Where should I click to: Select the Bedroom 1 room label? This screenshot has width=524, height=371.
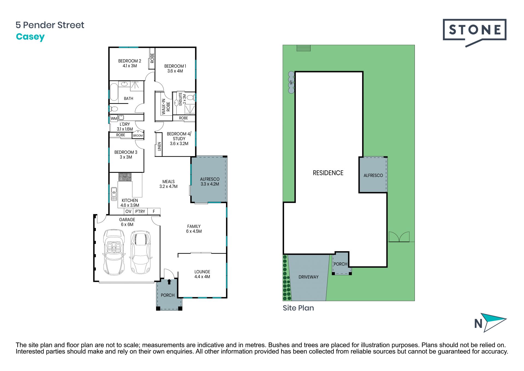pyautogui.click(x=175, y=69)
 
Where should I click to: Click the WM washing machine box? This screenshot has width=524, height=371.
pyautogui.click(x=114, y=118)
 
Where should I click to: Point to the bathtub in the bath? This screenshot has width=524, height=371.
pyautogui.click(x=114, y=92)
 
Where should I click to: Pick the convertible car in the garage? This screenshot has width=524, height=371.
pyautogui.click(x=114, y=252)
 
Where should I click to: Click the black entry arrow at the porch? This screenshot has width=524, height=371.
pyautogui.click(x=169, y=282)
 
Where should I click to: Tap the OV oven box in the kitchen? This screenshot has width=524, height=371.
pyautogui.click(x=128, y=211)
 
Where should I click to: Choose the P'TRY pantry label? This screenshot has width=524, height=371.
pyautogui.click(x=140, y=211)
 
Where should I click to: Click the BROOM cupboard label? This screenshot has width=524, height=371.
pyautogui.click(x=138, y=136)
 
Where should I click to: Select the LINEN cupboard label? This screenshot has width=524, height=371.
pyautogui.click(x=159, y=147)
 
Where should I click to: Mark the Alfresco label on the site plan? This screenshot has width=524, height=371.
pyautogui.click(x=373, y=175)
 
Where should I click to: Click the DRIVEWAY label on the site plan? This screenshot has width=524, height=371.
pyautogui.click(x=308, y=277)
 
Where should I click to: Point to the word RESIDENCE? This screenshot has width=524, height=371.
pyautogui.click(x=328, y=173)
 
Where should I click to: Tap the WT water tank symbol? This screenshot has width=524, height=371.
pyautogui.click(x=291, y=82)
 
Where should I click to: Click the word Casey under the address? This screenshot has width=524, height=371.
pyautogui.click(x=30, y=37)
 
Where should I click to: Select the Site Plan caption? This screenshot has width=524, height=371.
pyautogui.click(x=298, y=308)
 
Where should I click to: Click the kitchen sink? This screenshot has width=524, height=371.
pyautogui.click(x=114, y=194)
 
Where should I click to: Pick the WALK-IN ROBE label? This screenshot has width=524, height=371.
pyautogui.click(x=166, y=107)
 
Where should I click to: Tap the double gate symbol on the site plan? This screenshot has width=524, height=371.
pyautogui.click(x=399, y=237)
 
